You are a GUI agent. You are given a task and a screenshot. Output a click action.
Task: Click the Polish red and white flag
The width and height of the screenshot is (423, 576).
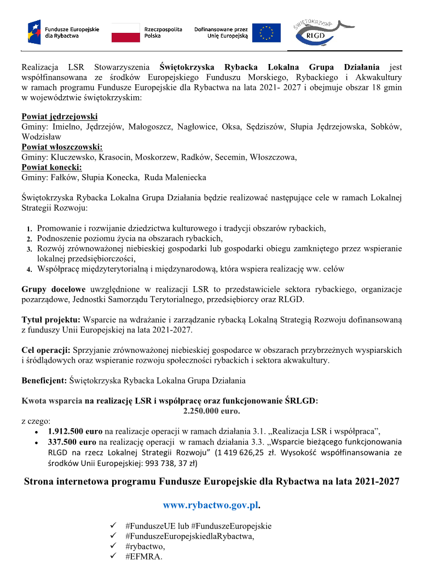[x=125, y=33]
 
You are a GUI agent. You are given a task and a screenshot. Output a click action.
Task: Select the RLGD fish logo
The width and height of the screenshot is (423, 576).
[x=317, y=33]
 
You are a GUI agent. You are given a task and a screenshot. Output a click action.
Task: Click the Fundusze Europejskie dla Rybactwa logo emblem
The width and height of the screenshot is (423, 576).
[x=34, y=32]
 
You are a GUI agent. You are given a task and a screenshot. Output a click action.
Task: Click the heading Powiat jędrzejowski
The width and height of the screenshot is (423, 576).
[x=60, y=117]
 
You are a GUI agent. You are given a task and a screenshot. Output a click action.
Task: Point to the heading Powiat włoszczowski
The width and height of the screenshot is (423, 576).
[x=62, y=147]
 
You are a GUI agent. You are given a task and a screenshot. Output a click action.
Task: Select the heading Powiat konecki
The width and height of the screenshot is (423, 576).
[x=52, y=167]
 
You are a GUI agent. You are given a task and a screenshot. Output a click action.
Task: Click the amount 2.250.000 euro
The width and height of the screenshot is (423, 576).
[x=211, y=410]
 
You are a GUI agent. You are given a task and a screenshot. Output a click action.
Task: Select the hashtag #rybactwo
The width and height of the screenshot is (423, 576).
[x=144, y=546]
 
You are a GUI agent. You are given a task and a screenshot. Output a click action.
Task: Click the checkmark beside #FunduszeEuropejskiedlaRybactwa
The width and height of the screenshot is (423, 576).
[x=113, y=536]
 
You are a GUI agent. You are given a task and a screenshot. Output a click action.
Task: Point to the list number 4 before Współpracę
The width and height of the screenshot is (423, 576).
[x=30, y=270]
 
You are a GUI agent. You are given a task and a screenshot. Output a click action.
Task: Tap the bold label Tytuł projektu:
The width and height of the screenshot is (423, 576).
[x=51, y=319]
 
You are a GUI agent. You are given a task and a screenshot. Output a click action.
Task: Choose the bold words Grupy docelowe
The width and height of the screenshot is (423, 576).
[x=54, y=289]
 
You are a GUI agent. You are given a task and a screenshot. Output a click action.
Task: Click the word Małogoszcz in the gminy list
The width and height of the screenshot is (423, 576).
[x=152, y=127]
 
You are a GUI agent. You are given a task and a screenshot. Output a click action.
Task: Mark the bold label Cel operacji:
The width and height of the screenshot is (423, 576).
[x=46, y=350]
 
